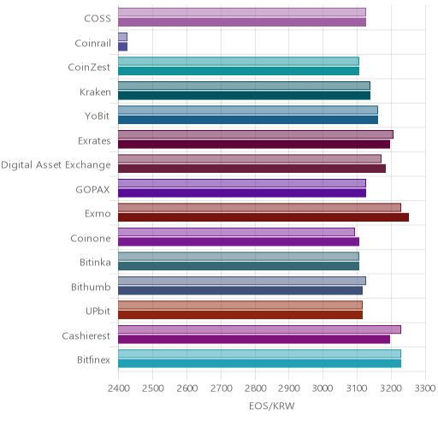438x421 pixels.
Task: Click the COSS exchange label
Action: coord(98,19)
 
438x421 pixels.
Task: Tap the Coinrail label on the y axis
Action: coord(92,44)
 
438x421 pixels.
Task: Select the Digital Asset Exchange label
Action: coord(56,165)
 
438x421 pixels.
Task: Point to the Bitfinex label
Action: coord(93,360)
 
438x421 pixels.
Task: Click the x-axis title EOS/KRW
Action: coord(272,406)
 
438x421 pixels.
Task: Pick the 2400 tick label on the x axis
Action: coord(119,388)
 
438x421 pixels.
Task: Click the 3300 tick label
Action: coord(425,388)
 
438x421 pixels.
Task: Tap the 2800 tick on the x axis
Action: coord(255,388)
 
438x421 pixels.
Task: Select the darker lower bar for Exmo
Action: coord(263,217)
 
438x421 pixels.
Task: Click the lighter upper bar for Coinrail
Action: coord(123,37)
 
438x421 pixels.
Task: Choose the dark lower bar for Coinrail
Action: coord(123,47)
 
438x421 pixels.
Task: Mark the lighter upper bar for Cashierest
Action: coord(260,329)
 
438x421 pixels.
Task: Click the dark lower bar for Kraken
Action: coord(245,96)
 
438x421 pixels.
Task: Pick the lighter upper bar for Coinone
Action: coord(237,232)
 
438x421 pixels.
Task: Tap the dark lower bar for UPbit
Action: coord(240,315)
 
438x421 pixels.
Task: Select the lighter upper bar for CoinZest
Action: coord(239,62)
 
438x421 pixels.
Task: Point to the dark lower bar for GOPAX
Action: coord(242,193)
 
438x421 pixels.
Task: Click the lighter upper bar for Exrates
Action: coord(256,134)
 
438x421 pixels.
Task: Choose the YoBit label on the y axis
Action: coord(98,116)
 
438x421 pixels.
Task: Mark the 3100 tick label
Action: coord(357,388)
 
